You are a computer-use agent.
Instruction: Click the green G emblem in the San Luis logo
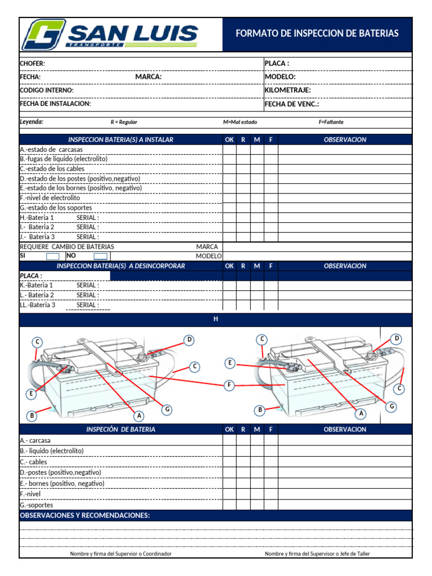pos(43,35)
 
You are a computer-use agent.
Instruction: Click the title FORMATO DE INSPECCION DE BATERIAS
pos(317,34)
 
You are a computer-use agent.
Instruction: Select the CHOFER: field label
pos(33,64)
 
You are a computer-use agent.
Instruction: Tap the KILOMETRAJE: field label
pos(287,90)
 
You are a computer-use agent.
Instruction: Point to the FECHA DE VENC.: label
pos(292,104)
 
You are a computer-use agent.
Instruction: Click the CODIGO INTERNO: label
pos(47,90)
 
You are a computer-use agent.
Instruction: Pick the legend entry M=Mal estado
pos(240,122)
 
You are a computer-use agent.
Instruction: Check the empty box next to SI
pos(48,256)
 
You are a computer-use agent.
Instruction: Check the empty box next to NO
pos(100,256)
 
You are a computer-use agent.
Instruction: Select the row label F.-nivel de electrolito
pos(50,198)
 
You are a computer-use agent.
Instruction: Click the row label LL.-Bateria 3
pos(38,305)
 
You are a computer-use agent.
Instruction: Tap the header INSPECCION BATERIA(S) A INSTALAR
pos(120,139)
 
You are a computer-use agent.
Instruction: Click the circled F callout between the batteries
pos(228,385)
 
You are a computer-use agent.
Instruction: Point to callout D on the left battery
pos(190,340)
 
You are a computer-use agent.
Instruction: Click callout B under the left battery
pos(32,416)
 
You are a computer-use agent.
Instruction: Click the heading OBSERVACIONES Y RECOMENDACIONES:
pos(85,515)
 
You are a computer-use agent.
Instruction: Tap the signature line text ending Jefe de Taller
pos(317,554)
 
